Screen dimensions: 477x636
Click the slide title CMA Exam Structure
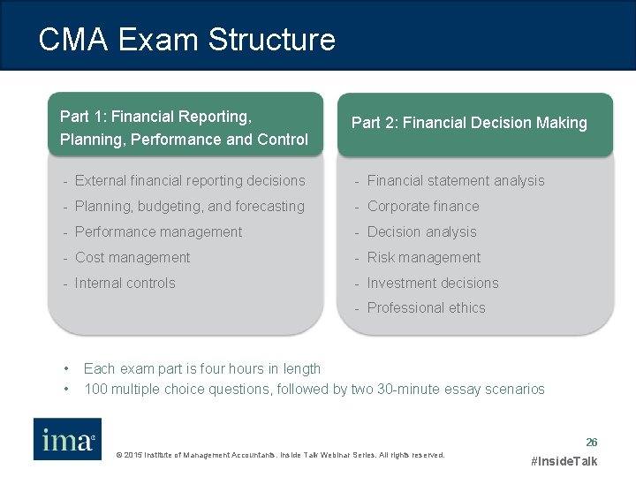coord(186,40)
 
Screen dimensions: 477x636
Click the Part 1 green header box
coord(185,126)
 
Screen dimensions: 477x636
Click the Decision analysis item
coord(421,231)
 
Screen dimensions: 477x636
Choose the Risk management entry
coord(423,257)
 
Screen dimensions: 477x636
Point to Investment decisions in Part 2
coord(432,283)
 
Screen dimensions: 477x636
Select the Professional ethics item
coord(426,307)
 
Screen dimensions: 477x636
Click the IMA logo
coord(67,439)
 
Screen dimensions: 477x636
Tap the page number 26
coord(592,442)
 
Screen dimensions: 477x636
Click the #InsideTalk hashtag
coord(564,461)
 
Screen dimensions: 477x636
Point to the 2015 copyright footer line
coord(280,455)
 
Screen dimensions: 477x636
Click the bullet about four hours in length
coord(201,368)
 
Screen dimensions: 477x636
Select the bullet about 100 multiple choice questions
coord(314,389)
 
